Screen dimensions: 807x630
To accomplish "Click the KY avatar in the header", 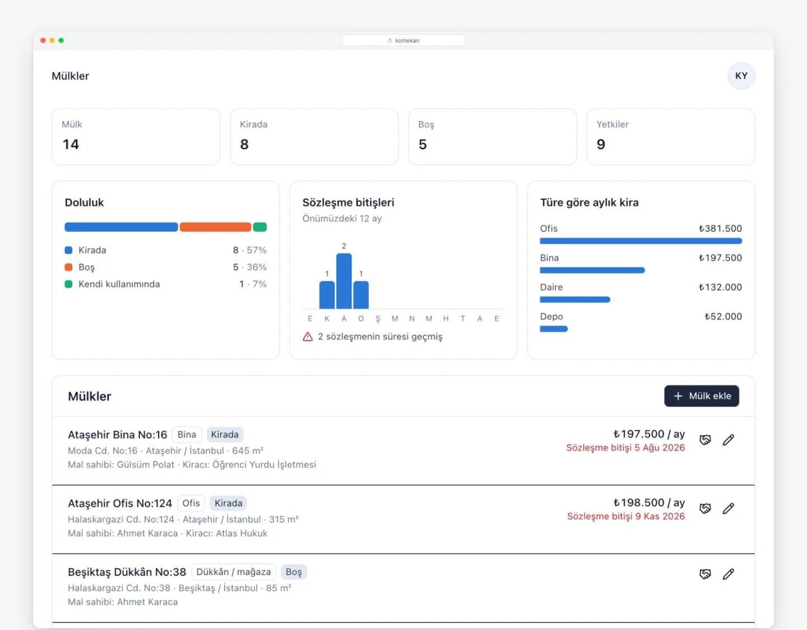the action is [741, 76].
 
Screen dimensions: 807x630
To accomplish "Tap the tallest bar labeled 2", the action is [344, 281].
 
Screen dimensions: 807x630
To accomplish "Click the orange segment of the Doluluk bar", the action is [215, 227].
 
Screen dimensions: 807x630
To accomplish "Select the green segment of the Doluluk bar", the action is [260, 227].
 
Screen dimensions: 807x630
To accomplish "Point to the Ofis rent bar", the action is [641, 241].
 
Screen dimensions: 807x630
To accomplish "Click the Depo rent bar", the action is [554, 329].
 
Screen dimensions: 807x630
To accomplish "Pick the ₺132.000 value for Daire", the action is [720, 287].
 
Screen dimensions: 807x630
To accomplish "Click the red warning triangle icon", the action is [308, 337].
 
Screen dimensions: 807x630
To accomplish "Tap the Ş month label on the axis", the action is [378, 319].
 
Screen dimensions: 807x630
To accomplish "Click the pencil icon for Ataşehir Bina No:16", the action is [729, 440].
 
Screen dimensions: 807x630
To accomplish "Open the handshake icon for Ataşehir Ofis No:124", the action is [705, 508].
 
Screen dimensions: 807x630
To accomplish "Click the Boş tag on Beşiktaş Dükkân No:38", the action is [294, 572].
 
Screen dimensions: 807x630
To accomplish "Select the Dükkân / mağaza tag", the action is [234, 572].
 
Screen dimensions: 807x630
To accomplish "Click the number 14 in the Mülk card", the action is [71, 144].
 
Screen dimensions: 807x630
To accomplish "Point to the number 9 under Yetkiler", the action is [601, 144].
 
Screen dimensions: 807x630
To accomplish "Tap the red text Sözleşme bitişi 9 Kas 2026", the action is [626, 516].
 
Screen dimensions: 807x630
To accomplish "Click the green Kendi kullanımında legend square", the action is [68, 284].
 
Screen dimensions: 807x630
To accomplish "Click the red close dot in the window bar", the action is [43, 40].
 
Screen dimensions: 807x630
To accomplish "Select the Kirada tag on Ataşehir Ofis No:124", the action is [229, 503].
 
